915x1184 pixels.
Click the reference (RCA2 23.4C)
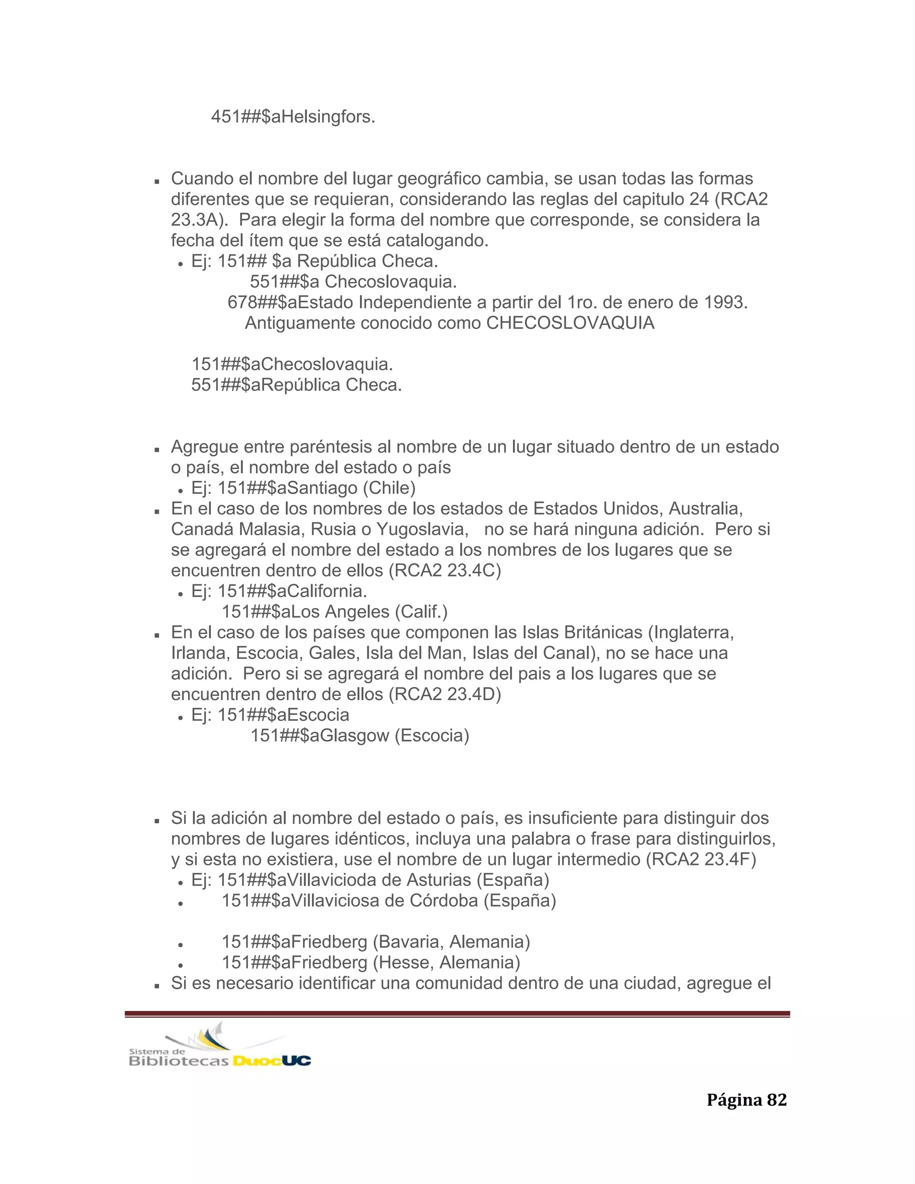(x=445, y=570)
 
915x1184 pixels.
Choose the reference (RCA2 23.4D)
(x=445, y=694)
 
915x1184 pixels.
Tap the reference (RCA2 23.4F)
(x=701, y=859)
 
